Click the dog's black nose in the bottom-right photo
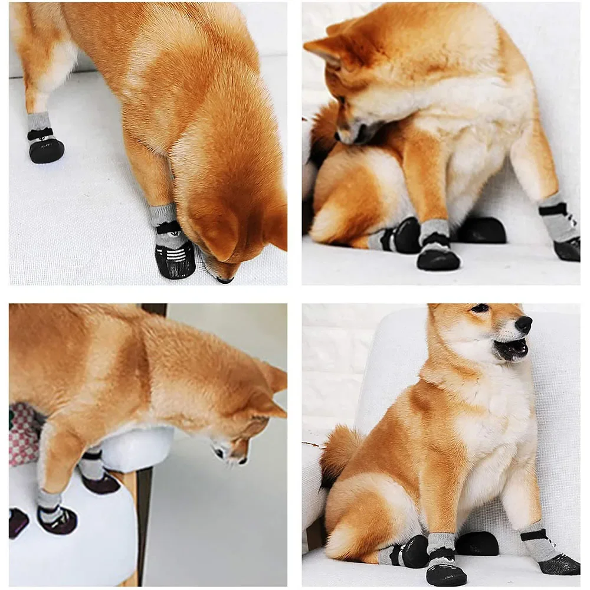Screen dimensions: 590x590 tap(523, 324)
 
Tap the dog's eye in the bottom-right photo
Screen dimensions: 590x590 tap(480, 308)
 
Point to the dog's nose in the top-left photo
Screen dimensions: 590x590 tap(225, 280)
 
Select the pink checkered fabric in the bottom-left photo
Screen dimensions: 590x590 tap(22, 434)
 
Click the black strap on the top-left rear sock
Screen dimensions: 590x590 tap(40, 134)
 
